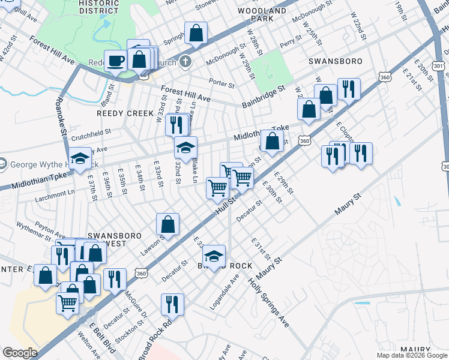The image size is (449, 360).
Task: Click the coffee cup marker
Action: (115, 61)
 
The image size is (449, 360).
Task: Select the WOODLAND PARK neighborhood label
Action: (262, 14)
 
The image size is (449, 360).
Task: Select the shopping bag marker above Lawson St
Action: (168, 225)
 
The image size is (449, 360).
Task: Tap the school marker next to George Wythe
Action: (80, 158)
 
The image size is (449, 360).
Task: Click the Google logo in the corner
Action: (19, 353)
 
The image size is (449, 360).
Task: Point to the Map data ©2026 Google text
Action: (412, 355)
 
